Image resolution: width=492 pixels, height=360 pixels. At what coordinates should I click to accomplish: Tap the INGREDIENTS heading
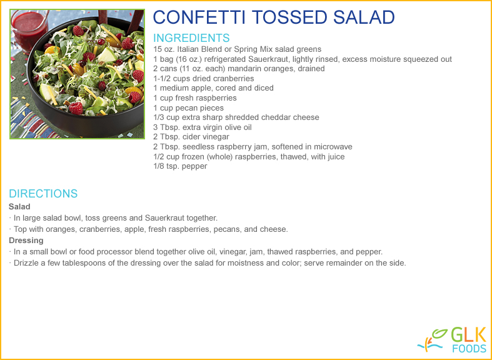click(191, 38)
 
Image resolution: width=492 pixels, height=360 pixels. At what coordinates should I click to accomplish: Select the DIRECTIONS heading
click(43, 194)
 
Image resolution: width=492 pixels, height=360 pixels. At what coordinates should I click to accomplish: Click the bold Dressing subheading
click(26, 241)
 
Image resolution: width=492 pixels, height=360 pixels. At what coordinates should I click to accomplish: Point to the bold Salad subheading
click(19, 207)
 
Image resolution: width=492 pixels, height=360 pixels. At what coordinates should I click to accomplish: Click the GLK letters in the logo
click(468, 334)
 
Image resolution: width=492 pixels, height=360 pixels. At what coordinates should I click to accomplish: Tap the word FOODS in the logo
click(469, 348)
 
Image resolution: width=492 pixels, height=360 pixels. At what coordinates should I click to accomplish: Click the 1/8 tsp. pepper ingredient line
click(180, 166)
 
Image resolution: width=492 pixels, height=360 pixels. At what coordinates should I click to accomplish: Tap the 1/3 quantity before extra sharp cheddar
click(158, 117)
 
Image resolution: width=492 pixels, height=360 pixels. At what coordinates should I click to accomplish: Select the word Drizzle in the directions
click(26, 262)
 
